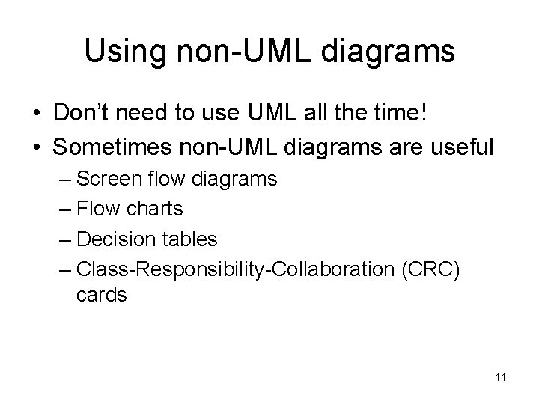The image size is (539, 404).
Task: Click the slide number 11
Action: click(501, 378)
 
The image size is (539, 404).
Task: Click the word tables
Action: click(191, 239)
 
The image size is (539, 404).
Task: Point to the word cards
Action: click(101, 295)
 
